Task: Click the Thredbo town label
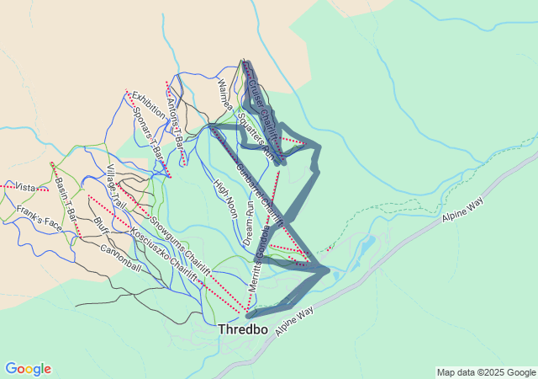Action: [243, 330]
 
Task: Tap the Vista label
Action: [26, 187]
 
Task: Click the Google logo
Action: [29, 369]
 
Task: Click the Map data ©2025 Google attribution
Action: [486, 372]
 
